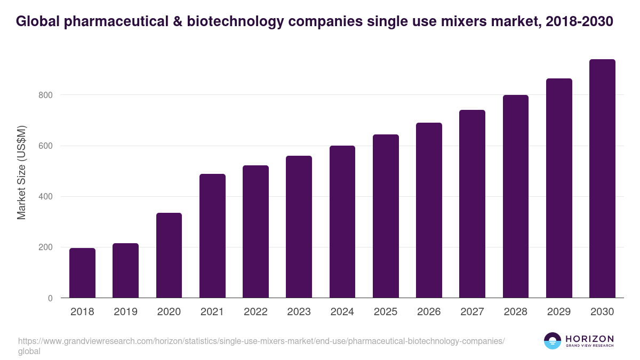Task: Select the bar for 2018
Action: pyautogui.click(x=82, y=273)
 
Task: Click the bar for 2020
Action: pyautogui.click(x=169, y=255)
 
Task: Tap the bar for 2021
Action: pyautogui.click(x=212, y=236)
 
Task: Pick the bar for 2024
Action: pyautogui.click(x=342, y=222)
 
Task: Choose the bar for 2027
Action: pyautogui.click(x=472, y=204)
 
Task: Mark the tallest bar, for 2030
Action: pyautogui.click(x=602, y=179)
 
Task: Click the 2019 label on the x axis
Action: pyautogui.click(x=125, y=312)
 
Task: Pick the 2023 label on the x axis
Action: pyautogui.click(x=299, y=312)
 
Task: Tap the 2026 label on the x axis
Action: pyautogui.click(x=429, y=312)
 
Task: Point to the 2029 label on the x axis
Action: pyautogui.click(x=559, y=312)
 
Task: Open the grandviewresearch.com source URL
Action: pyautogui.click(x=261, y=341)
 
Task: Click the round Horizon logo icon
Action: pyautogui.click(x=553, y=341)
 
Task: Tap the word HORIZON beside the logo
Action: pyautogui.click(x=589, y=339)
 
